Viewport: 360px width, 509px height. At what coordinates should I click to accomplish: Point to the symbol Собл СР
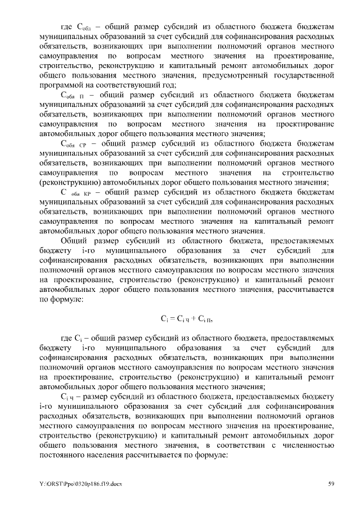(73, 144)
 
